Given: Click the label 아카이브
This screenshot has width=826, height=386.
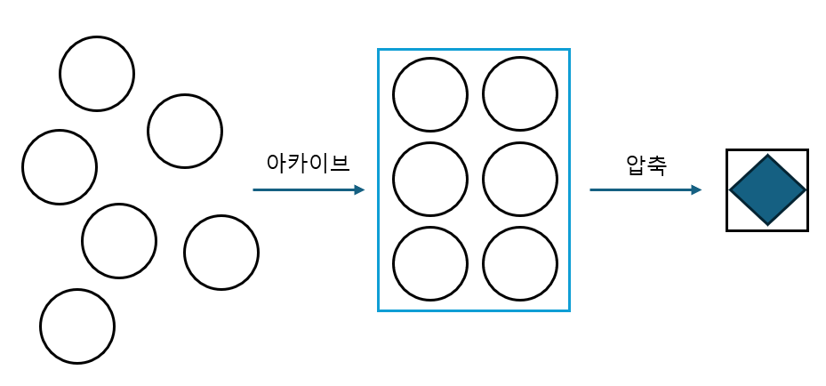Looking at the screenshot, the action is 309,164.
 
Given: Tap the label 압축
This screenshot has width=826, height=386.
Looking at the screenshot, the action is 646,165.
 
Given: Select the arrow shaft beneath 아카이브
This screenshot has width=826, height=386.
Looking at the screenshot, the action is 302,189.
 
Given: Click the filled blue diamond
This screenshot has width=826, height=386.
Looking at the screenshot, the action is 767,190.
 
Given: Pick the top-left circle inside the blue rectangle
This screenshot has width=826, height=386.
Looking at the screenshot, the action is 430,94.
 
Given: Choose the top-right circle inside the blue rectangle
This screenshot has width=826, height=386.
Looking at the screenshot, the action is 520,94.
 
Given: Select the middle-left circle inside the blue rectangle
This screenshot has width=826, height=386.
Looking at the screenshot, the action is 430,180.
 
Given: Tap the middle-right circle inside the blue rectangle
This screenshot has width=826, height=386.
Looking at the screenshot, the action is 520,180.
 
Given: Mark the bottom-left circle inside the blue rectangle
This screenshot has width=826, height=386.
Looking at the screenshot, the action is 430,265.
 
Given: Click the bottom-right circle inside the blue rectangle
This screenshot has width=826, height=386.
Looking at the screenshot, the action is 520,265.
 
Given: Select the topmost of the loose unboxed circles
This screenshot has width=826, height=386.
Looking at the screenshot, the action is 97,74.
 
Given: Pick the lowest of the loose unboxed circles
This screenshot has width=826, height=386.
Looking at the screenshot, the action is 77,326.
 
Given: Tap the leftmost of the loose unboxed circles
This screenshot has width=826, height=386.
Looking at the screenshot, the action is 60,167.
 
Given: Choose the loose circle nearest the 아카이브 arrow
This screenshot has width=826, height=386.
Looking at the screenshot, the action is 221,253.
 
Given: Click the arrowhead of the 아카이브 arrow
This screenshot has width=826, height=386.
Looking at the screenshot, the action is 359,189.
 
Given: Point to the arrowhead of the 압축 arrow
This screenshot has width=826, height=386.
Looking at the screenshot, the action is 696,189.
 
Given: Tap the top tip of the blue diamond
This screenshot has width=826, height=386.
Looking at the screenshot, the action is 767,157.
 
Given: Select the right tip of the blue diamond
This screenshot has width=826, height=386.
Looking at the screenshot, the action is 804,190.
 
